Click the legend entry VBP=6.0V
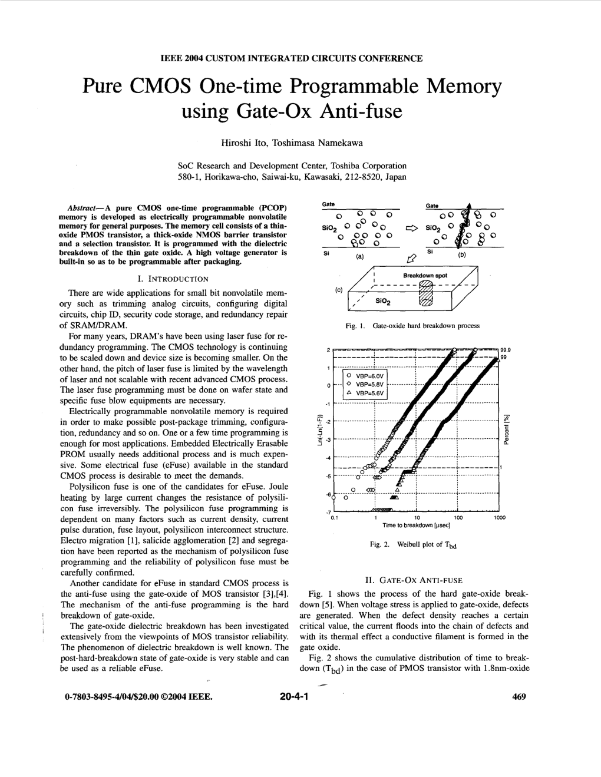(x=365, y=375)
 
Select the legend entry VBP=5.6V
(x=365, y=393)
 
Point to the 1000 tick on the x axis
(x=500, y=518)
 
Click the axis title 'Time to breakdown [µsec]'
(x=416, y=525)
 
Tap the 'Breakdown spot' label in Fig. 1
(x=425, y=276)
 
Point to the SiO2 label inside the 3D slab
(x=384, y=300)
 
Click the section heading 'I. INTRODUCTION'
(x=174, y=279)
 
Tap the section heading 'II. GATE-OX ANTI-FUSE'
(x=414, y=580)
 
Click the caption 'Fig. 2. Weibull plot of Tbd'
(x=414, y=545)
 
